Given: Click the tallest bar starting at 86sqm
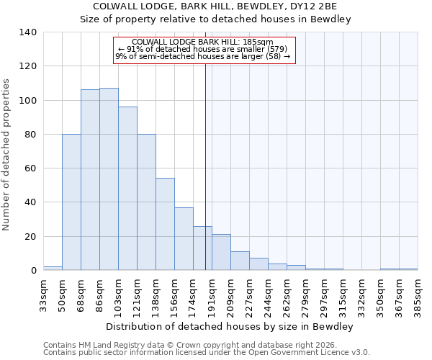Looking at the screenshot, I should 109,179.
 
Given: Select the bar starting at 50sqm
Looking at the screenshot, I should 71,202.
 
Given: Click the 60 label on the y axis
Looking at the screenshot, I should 30,168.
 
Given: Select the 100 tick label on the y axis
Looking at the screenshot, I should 27,100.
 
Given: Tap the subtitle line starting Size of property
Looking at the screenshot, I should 215,19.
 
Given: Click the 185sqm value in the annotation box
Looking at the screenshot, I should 257,42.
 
